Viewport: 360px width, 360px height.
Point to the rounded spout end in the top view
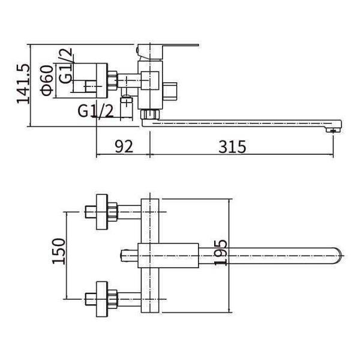[x=337, y=256]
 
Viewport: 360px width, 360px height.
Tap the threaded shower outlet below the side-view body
[x=127, y=109]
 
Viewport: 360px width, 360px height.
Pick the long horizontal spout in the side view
[x=240, y=123]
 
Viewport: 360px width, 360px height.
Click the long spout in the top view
[x=270, y=256]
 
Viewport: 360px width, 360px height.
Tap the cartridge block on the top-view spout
[x=168, y=256]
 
